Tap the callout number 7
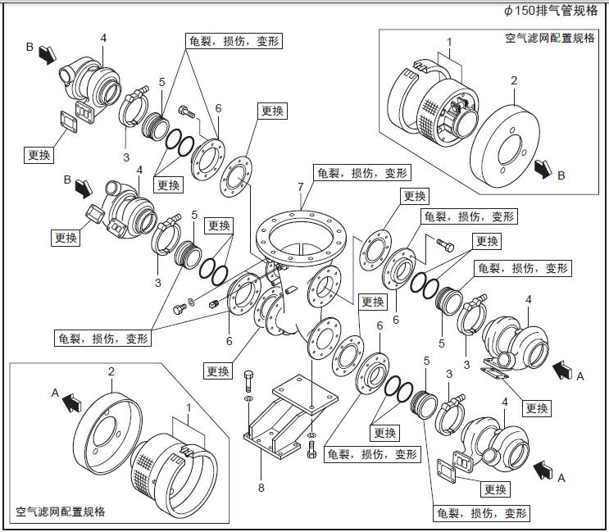tap(301, 188)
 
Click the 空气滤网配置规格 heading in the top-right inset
tap(549, 39)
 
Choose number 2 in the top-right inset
tap(514, 80)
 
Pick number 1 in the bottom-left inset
tap(189, 407)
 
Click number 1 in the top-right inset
tap(449, 41)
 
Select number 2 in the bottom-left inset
tap(111, 372)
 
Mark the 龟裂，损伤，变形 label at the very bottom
tap(481, 513)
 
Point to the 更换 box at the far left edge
tap(39, 154)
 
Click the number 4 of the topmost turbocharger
tap(103, 39)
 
